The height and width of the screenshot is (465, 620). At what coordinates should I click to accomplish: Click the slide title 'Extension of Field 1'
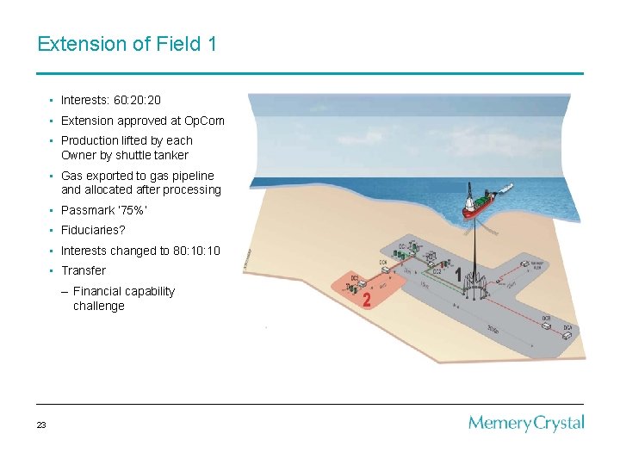(127, 43)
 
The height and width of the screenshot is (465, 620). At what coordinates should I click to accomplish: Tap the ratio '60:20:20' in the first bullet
(137, 101)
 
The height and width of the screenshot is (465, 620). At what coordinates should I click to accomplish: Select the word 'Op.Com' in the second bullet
(204, 121)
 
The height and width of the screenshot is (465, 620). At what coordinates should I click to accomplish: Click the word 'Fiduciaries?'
(93, 231)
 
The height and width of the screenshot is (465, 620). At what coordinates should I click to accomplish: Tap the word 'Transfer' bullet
(84, 270)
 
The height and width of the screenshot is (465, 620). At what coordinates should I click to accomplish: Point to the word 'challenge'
(98, 306)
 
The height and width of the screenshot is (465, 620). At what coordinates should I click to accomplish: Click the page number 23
(41, 425)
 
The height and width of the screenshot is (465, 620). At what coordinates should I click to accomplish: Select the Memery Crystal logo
(526, 423)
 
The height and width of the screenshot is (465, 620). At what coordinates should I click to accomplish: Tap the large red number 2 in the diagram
(367, 300)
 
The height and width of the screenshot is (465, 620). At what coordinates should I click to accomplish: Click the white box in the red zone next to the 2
(363, 282)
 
